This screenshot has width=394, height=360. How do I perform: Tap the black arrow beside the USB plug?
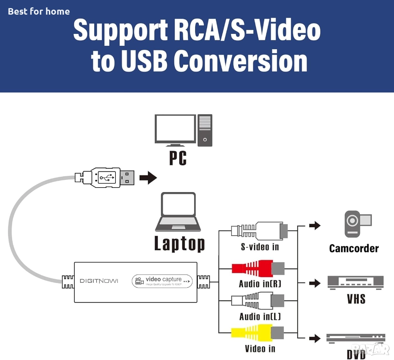pyautogui.click(x=148, y=177)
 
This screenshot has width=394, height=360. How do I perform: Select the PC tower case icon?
pyautogui.click(x=205, y=130)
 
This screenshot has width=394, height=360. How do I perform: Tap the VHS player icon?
pyautogui.click(x=356, y=282)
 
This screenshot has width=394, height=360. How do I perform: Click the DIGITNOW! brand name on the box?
pyautogui.click(x=99, y=281)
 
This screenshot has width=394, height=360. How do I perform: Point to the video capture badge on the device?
pyautogui.click(x=162, y=281)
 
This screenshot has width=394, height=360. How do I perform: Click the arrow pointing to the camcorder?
pyautogui.click(x=315, y=225)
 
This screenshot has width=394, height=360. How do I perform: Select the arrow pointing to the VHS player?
pyautogui.click(x=315, y=283)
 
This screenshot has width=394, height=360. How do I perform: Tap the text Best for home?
pyautogui.click(x=39, y=11)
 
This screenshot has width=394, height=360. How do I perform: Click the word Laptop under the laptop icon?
pyautogui.click(x=179, y=243)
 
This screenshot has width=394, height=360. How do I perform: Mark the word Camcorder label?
pyautogui.click(x=354, y=248)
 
